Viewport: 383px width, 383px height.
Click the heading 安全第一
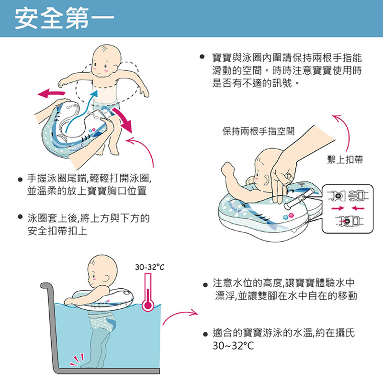click(x=65, y=19)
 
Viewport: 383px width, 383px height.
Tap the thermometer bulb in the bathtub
click(x=148, y=305)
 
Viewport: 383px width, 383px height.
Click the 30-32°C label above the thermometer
click(x=150, y=267)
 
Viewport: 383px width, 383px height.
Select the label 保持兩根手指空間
click(x=259, y=131)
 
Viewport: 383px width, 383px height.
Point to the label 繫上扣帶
click(x=345, y=159)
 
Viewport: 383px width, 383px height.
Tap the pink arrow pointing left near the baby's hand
click(x=51, y=93)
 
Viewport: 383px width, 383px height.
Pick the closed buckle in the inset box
click(x=349, y=221)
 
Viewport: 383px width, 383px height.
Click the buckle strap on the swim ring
click(x=300, y=198)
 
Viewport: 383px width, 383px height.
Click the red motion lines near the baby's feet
click(x=78, y=360)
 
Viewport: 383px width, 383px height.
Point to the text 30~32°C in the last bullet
click(x=233, y=346)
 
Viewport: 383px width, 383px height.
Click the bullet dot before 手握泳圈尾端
click(x=21, y=180)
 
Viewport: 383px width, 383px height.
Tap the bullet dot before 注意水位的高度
click(x=205, y=285)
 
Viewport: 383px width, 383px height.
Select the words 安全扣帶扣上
click(x=57, y=231)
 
